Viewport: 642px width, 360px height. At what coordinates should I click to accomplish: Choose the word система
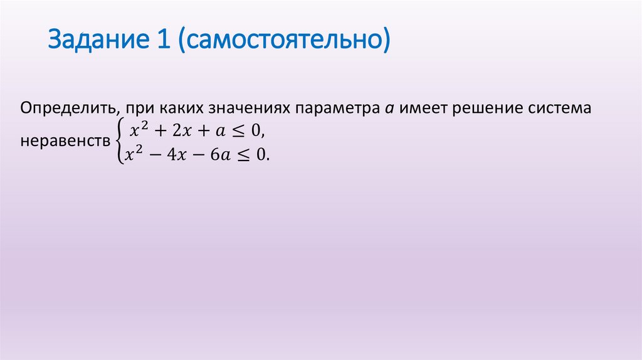[x=561, y=109]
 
